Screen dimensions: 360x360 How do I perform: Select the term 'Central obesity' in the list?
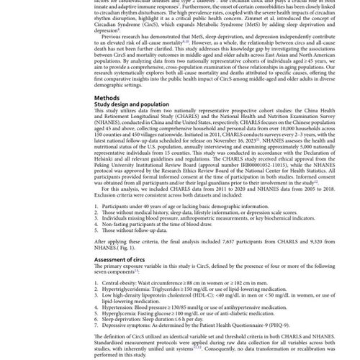click(123, 282)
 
